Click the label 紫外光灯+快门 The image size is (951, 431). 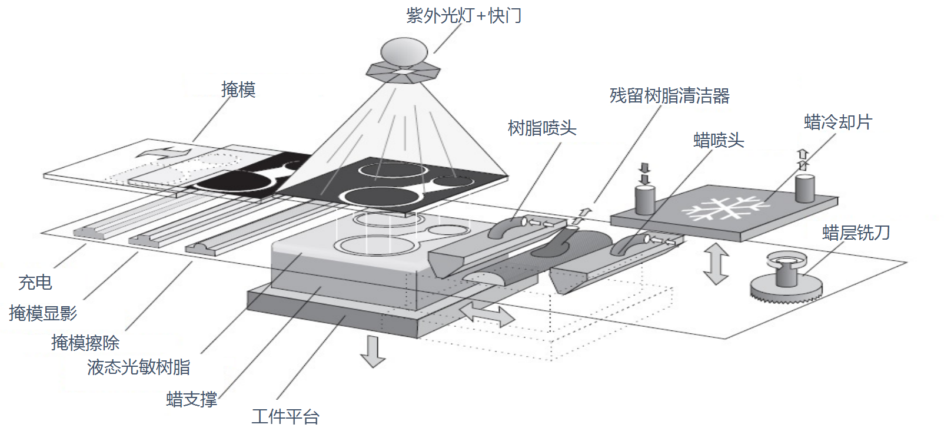coord(464,16)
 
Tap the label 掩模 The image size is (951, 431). coord(238,89)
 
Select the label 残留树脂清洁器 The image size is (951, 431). coord(669,95)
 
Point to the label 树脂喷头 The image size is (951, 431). coord(542,128)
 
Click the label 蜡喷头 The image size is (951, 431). coord(719,140)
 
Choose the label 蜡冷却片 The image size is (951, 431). coord(838,122)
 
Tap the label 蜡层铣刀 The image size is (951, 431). coord(856,233)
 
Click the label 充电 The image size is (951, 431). coord(35,283)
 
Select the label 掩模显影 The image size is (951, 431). coord(43,313)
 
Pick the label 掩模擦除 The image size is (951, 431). coord(85,343)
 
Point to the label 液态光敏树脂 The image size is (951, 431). coord(139,367)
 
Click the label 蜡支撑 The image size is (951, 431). coord(192,399)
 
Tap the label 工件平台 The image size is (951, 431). coord(285,416)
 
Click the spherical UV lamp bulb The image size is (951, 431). coord(404,51)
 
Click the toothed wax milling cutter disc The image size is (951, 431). coord(786,289)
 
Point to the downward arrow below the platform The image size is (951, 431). coord(372,351)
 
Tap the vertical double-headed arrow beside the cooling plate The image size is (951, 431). coord(716,264)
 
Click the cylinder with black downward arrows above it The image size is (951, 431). coord(644,200)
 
